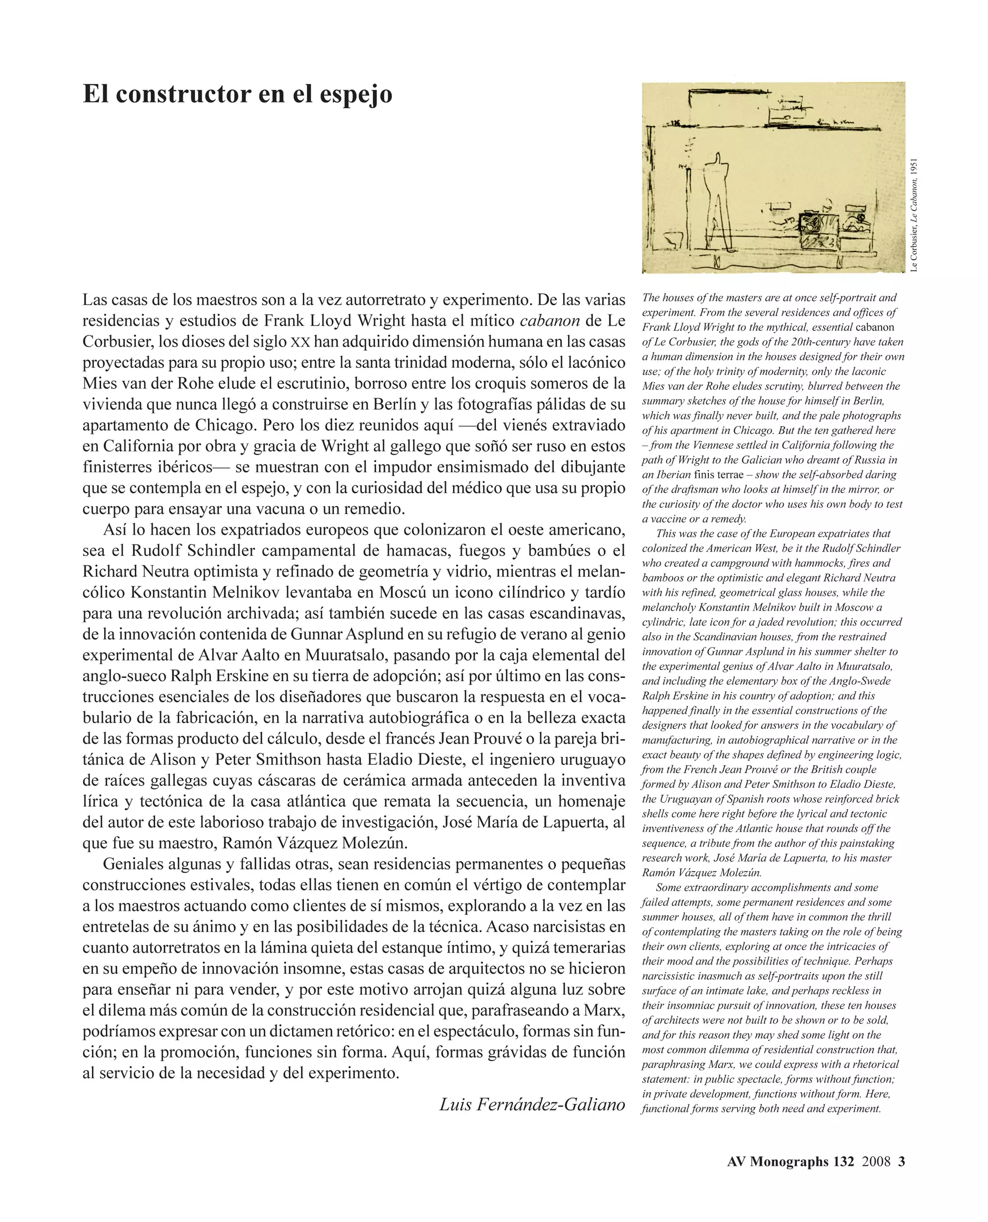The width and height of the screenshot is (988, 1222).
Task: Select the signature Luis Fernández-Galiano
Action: point(532,1104)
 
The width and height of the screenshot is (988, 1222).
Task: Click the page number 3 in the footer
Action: point(902,1162)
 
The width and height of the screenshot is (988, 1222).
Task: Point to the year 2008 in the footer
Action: point(876,1162)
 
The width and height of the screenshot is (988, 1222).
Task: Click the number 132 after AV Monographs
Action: point(843,1162)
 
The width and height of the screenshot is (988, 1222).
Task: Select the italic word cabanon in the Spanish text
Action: point(550,321)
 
